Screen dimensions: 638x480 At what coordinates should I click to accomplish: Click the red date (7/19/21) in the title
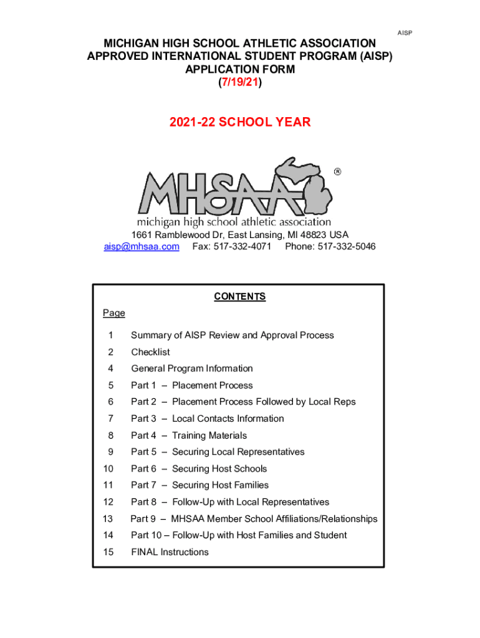pos(240,83)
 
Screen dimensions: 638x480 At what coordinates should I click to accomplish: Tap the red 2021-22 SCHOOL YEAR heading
pos(240,122)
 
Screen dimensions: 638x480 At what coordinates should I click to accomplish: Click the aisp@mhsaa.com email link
pos(142,247)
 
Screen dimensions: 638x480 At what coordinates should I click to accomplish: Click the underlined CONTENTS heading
pos(240,297)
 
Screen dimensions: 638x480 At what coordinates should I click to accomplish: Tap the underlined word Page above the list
pos(114,313)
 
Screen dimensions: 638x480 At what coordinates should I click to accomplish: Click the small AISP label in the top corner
pos(405,32)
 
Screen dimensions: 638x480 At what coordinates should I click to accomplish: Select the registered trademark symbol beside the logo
pos(337,171)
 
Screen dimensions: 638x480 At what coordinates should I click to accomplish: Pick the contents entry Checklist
pos(150,352)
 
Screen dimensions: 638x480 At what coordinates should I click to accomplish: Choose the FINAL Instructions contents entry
pos(170,552)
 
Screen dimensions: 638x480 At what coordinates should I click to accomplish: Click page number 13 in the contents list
pos(108,518)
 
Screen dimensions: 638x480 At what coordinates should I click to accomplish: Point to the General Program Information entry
pos(191,368)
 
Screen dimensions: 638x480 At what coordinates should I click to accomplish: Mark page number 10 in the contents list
pos(108,469)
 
